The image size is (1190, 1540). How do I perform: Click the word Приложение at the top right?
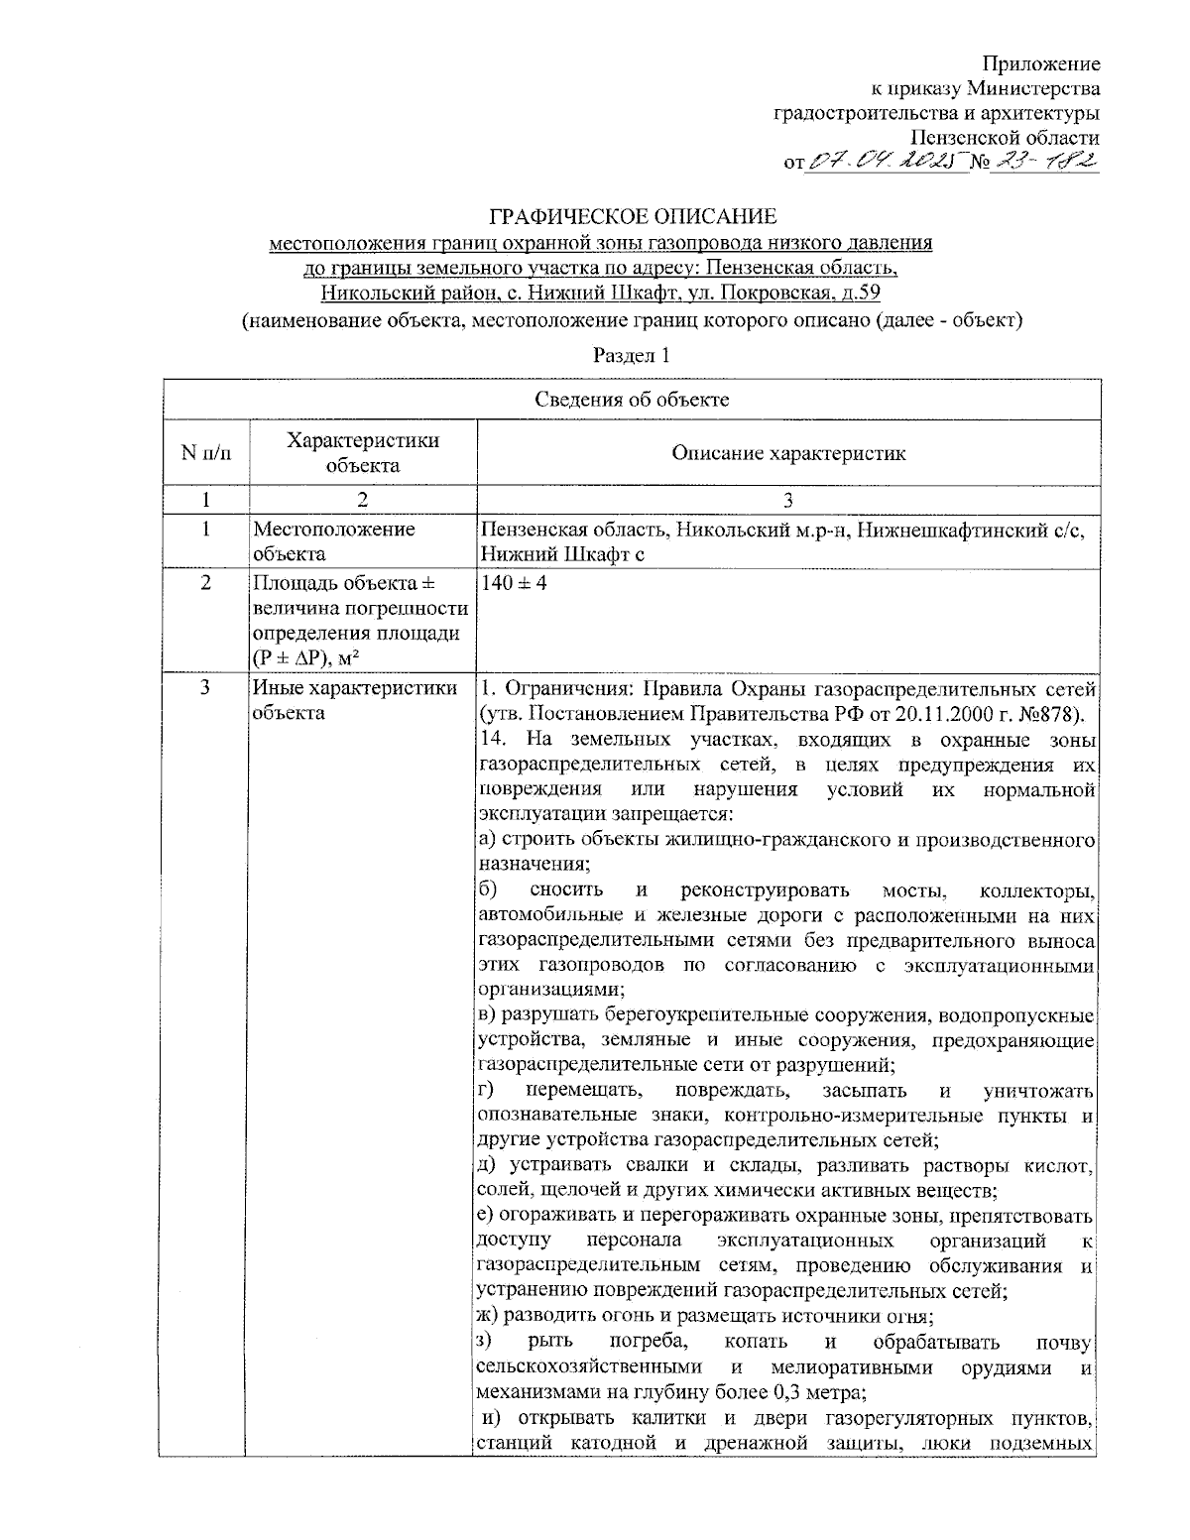point(1041,64)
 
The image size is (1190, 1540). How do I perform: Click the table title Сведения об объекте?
point(632,400)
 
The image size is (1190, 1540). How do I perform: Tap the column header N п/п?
point(205,453)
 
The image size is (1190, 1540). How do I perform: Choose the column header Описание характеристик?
point(788,453)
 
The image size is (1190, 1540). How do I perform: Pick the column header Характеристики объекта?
point(363,453)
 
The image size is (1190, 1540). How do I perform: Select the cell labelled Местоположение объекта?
point(334,541)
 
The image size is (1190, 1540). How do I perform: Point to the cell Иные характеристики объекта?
point(354,700)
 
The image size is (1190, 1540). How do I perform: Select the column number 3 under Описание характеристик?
point(788,501)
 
